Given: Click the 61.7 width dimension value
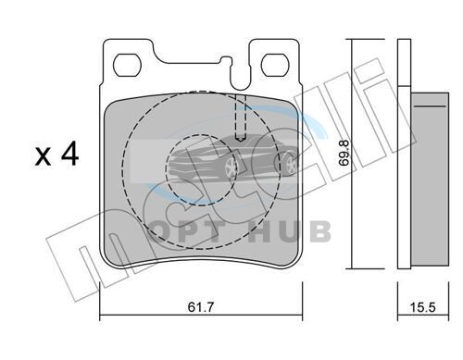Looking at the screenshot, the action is click(x=201, y=307).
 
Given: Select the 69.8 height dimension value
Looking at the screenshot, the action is click(x=344, y=154).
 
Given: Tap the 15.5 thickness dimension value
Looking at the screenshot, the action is click(x=422, y=307).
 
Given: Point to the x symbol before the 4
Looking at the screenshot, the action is click(x=43, y=157).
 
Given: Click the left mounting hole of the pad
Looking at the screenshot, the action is click(x=127, y=65).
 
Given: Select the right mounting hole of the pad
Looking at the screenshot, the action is click(x=274, y=65).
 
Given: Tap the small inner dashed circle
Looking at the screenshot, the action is click(x=203, y=169).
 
